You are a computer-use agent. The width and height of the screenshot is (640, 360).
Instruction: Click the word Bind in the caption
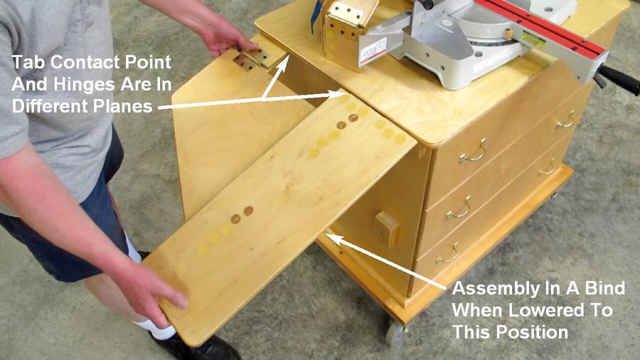[605, 288]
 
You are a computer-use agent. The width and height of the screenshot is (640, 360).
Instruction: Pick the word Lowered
[552, 310]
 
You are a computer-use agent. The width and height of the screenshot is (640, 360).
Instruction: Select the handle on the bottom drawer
[448, 254]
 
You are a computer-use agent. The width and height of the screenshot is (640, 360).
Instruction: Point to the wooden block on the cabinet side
[387, 229]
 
